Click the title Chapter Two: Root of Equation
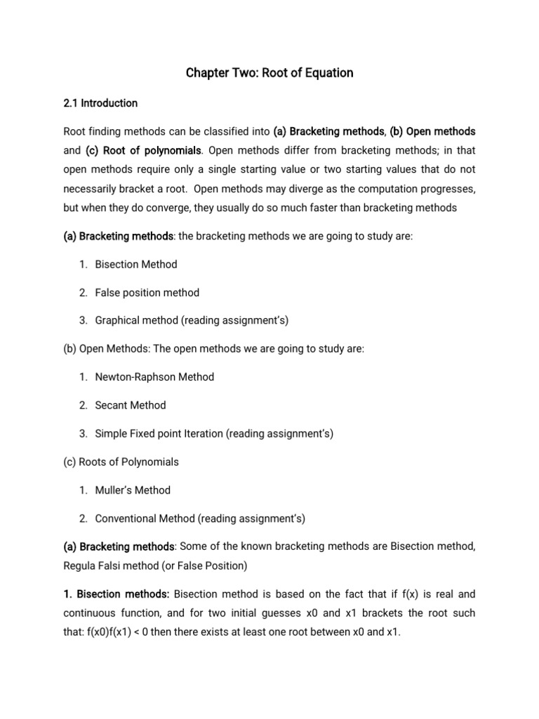pos(269,73)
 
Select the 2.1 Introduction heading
pos(100,103)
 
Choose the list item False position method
pos(147,293)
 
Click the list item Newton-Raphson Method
pos(154,377)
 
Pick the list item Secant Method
pos(131,405)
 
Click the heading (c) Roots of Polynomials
pos(121,462)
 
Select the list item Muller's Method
pos(133,490)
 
